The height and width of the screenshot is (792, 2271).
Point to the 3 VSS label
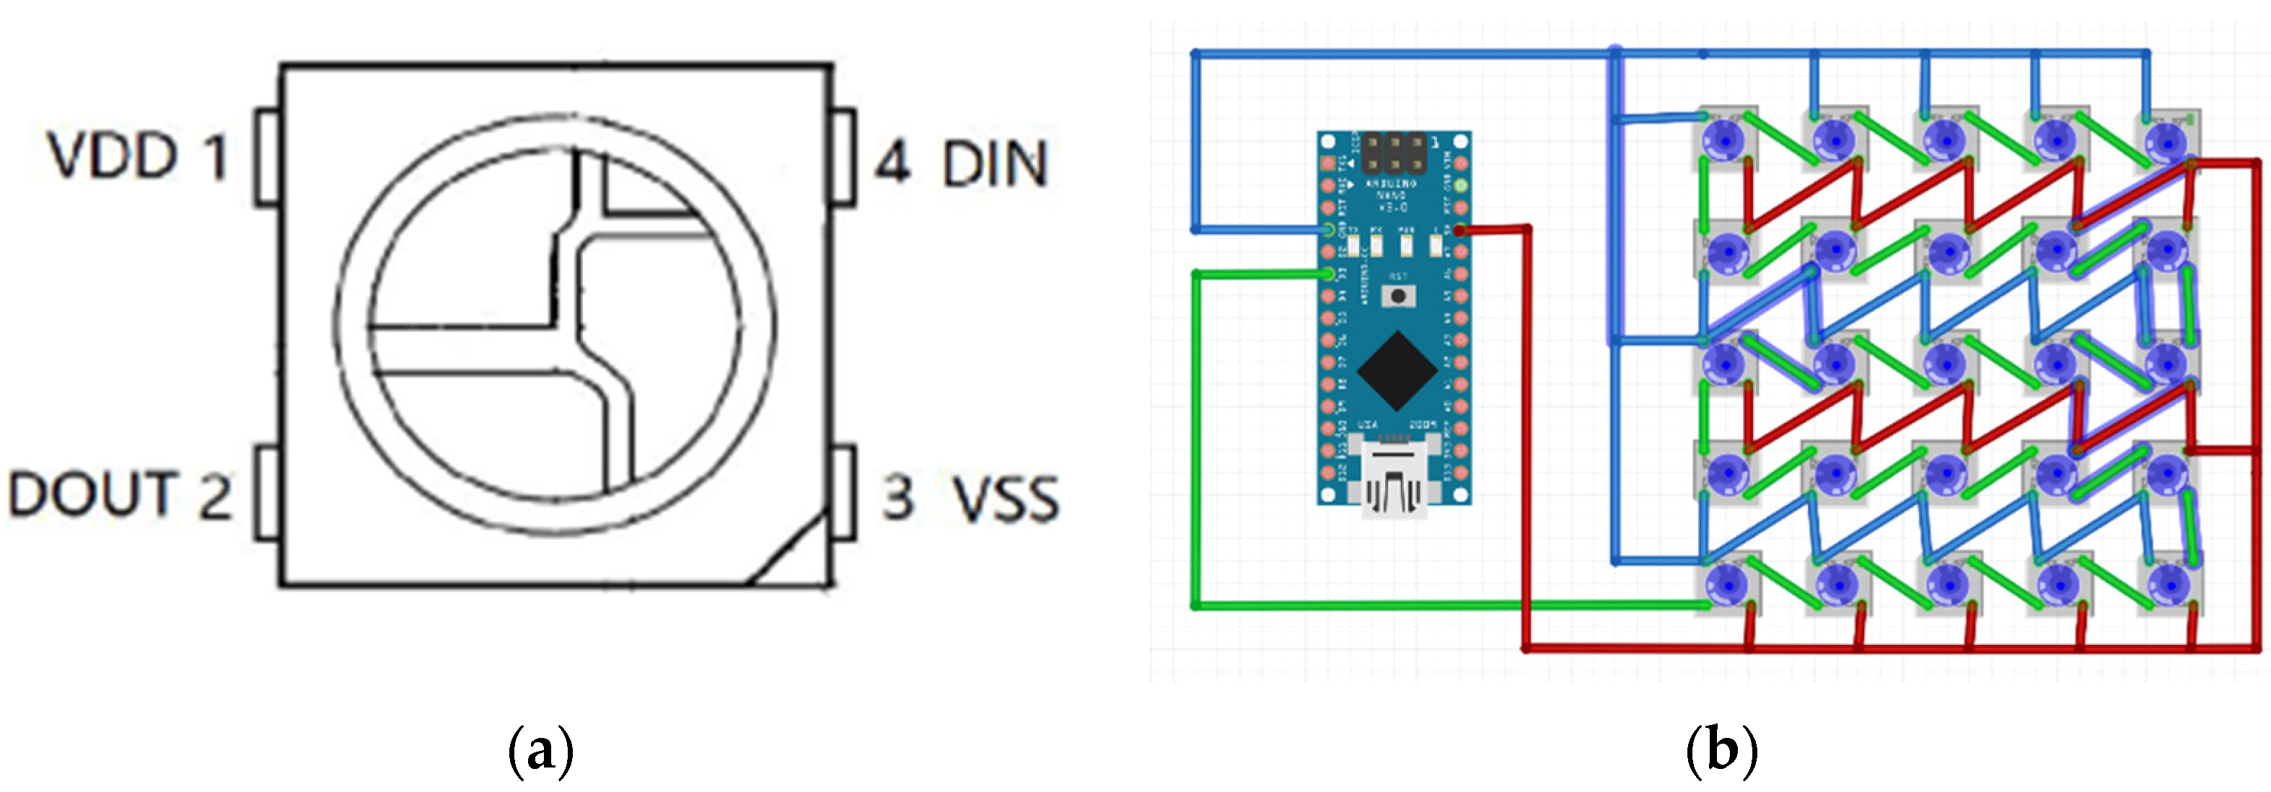click(x=970, y=498)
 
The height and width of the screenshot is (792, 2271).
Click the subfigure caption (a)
click(x=540, y=751)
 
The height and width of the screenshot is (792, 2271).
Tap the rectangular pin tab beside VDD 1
click(x=267, y=157)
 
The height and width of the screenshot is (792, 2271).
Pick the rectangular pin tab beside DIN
click(x=844, y=157)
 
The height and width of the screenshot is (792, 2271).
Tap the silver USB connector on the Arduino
click(x=1396, y=480)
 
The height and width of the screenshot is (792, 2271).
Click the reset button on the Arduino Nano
click(x=1397, y=296)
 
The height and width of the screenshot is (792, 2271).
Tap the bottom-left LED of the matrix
click(x=1726, y=583)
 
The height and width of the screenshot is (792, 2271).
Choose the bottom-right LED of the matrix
click(x=2168, y=583)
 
